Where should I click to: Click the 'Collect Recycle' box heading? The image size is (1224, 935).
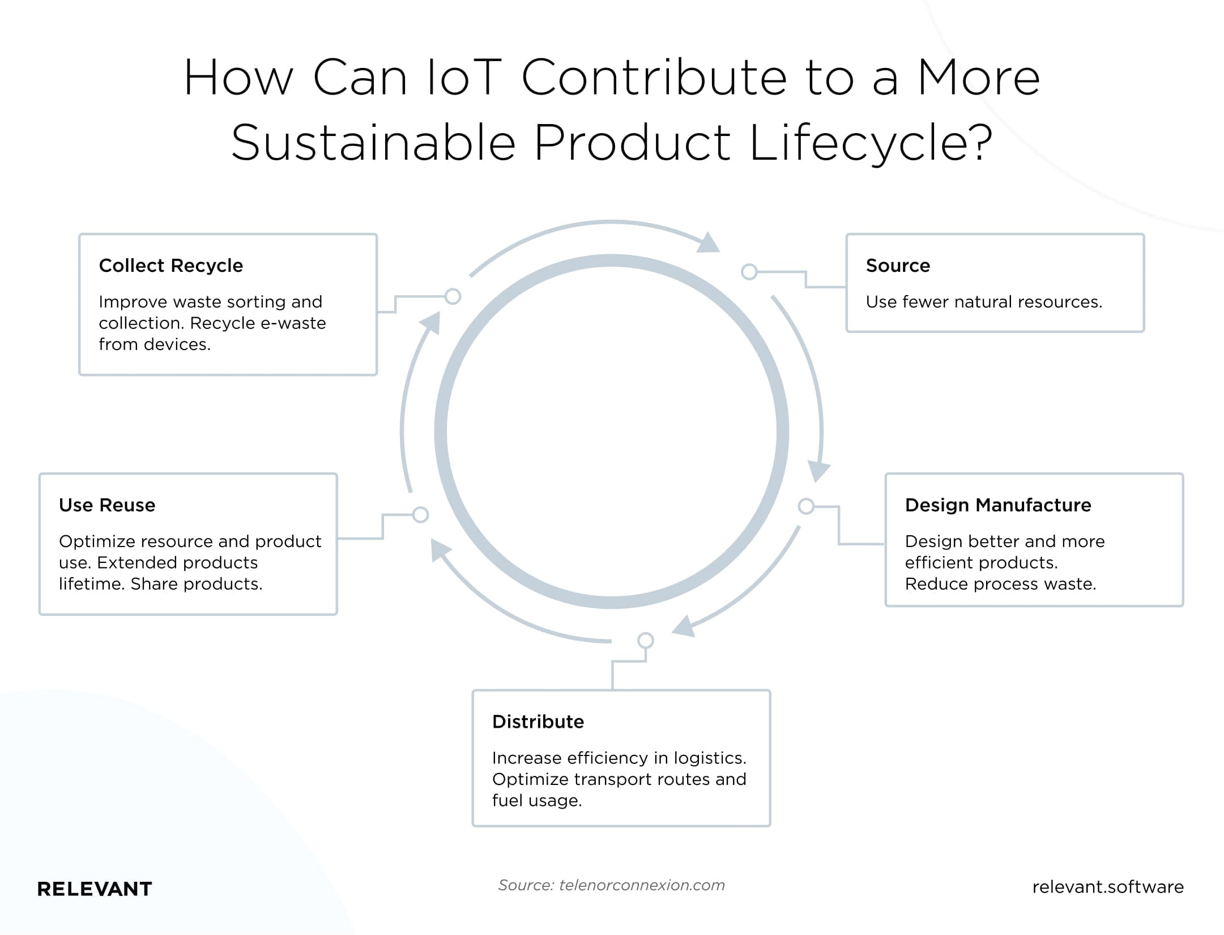[x=170, y=266]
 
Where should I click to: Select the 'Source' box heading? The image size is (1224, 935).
[x=898, y=266]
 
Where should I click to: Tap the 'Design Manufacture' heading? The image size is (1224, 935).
[x=998, y=505]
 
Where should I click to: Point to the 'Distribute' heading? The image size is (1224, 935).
[x=538, y=722]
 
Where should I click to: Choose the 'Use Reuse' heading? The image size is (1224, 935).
[x=107, y=505]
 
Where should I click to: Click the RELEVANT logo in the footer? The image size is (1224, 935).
[x=95, y=889]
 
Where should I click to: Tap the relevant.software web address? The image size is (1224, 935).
[x=1108, y=887]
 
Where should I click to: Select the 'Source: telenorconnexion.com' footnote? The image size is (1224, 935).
[x=612, y=885]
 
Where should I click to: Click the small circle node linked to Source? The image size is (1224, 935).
[x=749, y=272]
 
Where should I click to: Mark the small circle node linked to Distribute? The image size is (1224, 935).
[x=646, y=641]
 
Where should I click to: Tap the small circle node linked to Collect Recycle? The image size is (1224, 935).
[x=453, y=296]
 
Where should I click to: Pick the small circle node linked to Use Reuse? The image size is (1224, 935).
[x=420, y=515]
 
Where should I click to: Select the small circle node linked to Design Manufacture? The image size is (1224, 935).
[x=806, y=506]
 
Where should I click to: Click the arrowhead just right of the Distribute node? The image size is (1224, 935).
[x=684, y=626]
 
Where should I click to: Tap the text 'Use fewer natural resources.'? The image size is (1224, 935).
[x=984, y=302]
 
